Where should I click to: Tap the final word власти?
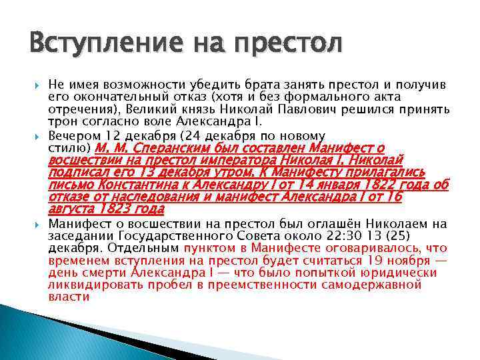pyautogui.click(x=69, y=297)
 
